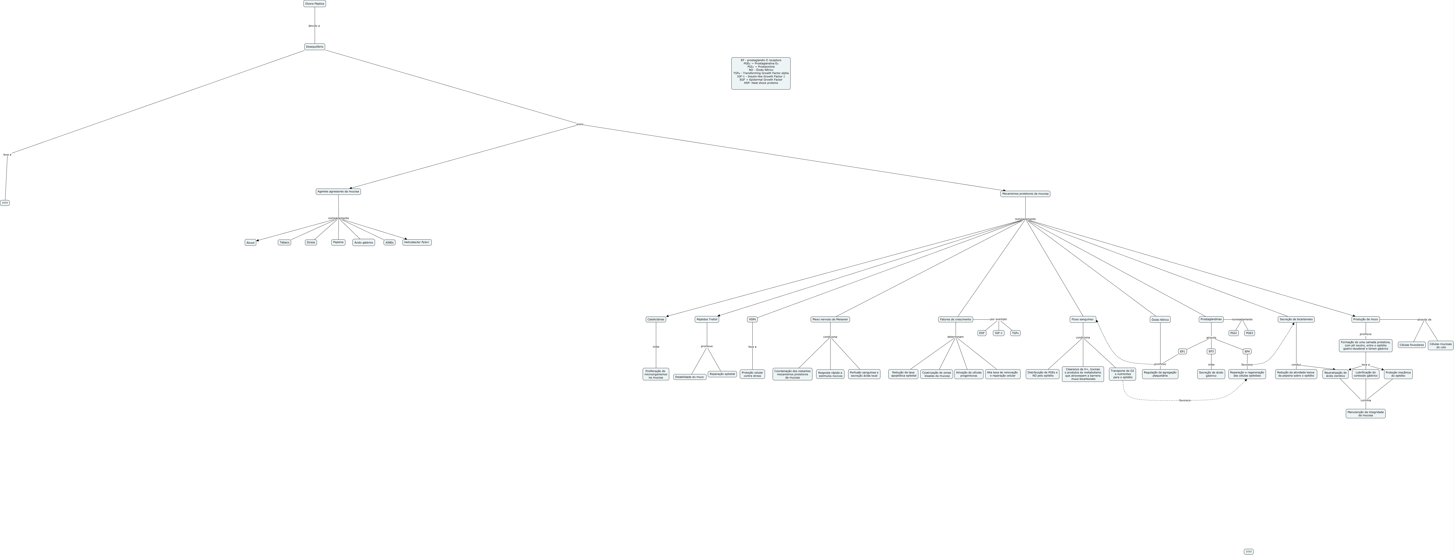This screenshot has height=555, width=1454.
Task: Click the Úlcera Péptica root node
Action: [x=315, y=3]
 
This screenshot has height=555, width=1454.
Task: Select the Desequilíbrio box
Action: [x=315, y=47]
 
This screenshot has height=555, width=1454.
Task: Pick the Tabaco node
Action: [x=284, y=242]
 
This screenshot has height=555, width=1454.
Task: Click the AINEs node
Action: [x=390, y=242]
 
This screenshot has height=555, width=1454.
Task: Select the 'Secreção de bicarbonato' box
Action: [x=1296, y=319]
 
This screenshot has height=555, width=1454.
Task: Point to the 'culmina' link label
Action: [x=1365, y=400]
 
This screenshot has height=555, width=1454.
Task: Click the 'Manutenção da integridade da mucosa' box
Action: [x=1365, y=413]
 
